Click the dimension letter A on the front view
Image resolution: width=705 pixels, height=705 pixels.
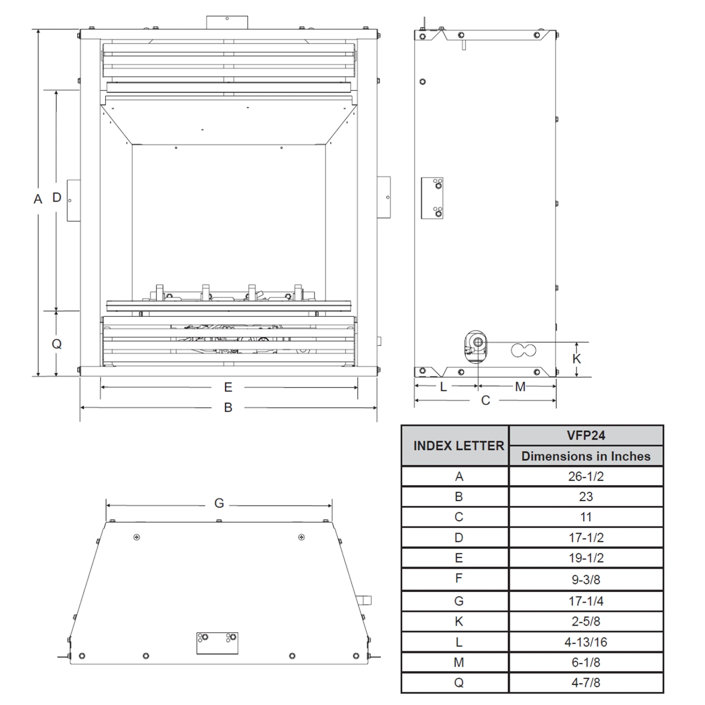pos(38,199)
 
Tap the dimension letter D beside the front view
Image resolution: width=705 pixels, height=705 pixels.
pos(57,197)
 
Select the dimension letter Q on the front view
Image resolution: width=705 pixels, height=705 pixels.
pos(57,344)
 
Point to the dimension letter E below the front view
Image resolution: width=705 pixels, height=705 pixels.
pos(228,387)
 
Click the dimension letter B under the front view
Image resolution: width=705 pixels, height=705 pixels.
pos(228,407)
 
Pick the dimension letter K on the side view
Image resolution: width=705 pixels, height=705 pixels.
pos(577,359)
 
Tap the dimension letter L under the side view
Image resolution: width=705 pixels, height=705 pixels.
pos(443,387)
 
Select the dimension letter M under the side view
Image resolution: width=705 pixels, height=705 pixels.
pos(520,387)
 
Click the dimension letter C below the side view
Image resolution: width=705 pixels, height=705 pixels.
pos(486,400)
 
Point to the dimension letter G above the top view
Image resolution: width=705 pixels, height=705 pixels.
pos(219,503)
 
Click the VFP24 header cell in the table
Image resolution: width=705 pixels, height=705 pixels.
pos(586,436)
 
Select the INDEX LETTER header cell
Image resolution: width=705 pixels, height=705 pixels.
pos(458,446)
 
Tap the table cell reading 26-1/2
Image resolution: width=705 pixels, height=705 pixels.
pos(586,476)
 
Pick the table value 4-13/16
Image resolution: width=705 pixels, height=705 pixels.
pos(586,642)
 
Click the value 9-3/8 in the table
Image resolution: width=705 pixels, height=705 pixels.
pos(586,580)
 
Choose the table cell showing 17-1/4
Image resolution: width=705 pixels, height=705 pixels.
pos(586,601)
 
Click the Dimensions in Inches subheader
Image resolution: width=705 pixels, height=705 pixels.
pos(586,456)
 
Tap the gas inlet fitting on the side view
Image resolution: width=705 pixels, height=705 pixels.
pos(476,347)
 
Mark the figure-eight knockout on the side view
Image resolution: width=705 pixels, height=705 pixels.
pos(524,350)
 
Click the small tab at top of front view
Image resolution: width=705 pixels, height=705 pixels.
pos(227,23)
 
